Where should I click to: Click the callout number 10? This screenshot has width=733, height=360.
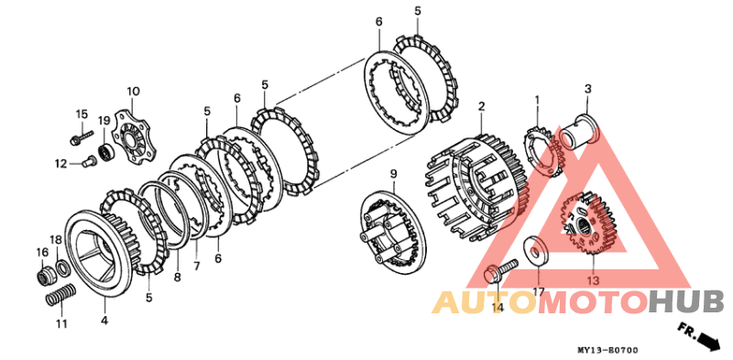tap(133, 91)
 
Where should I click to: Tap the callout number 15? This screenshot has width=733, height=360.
tap(82, 115)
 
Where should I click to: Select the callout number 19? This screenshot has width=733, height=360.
tap(104, 121)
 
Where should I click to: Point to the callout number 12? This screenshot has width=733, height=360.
tap(60, 164)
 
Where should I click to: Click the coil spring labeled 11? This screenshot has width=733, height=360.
tap(60, 296)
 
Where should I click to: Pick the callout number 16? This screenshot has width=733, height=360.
tap(42, 253)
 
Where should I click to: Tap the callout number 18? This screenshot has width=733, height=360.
tap(56, 240)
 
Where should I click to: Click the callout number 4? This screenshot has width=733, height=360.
tap(104, 322)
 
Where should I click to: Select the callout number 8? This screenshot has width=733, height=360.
tap(177, 278)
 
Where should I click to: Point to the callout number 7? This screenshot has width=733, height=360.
tap(197, 267)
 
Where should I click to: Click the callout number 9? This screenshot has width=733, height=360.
tap(393, 174)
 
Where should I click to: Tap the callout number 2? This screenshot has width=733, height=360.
tap(481, 107)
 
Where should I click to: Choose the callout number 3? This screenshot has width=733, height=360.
tap(588, 88)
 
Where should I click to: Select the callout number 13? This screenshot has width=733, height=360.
tap(593, 281)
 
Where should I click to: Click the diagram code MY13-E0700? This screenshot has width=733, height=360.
tap(607, 350)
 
